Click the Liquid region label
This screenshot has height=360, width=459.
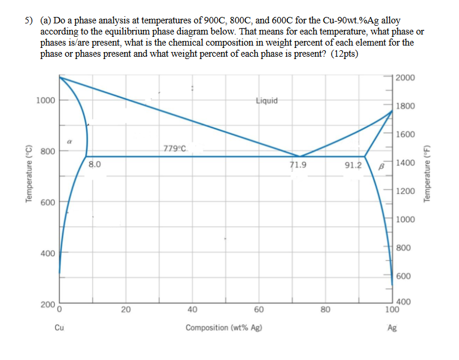tap(267, 101)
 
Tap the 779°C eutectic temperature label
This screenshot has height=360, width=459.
tap(175, 148)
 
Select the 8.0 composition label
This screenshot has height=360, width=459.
tap(95, 165)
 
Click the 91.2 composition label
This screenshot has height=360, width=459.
tap(353, 165)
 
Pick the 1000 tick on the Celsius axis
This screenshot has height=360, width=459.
tap(45, 100)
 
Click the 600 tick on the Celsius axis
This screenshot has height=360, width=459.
tap(48, 202)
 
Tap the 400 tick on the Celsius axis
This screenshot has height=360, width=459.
tap(48, 254)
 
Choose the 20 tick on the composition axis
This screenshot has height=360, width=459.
tap(126, 310)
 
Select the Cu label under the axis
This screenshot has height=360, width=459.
tap(60, 328)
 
